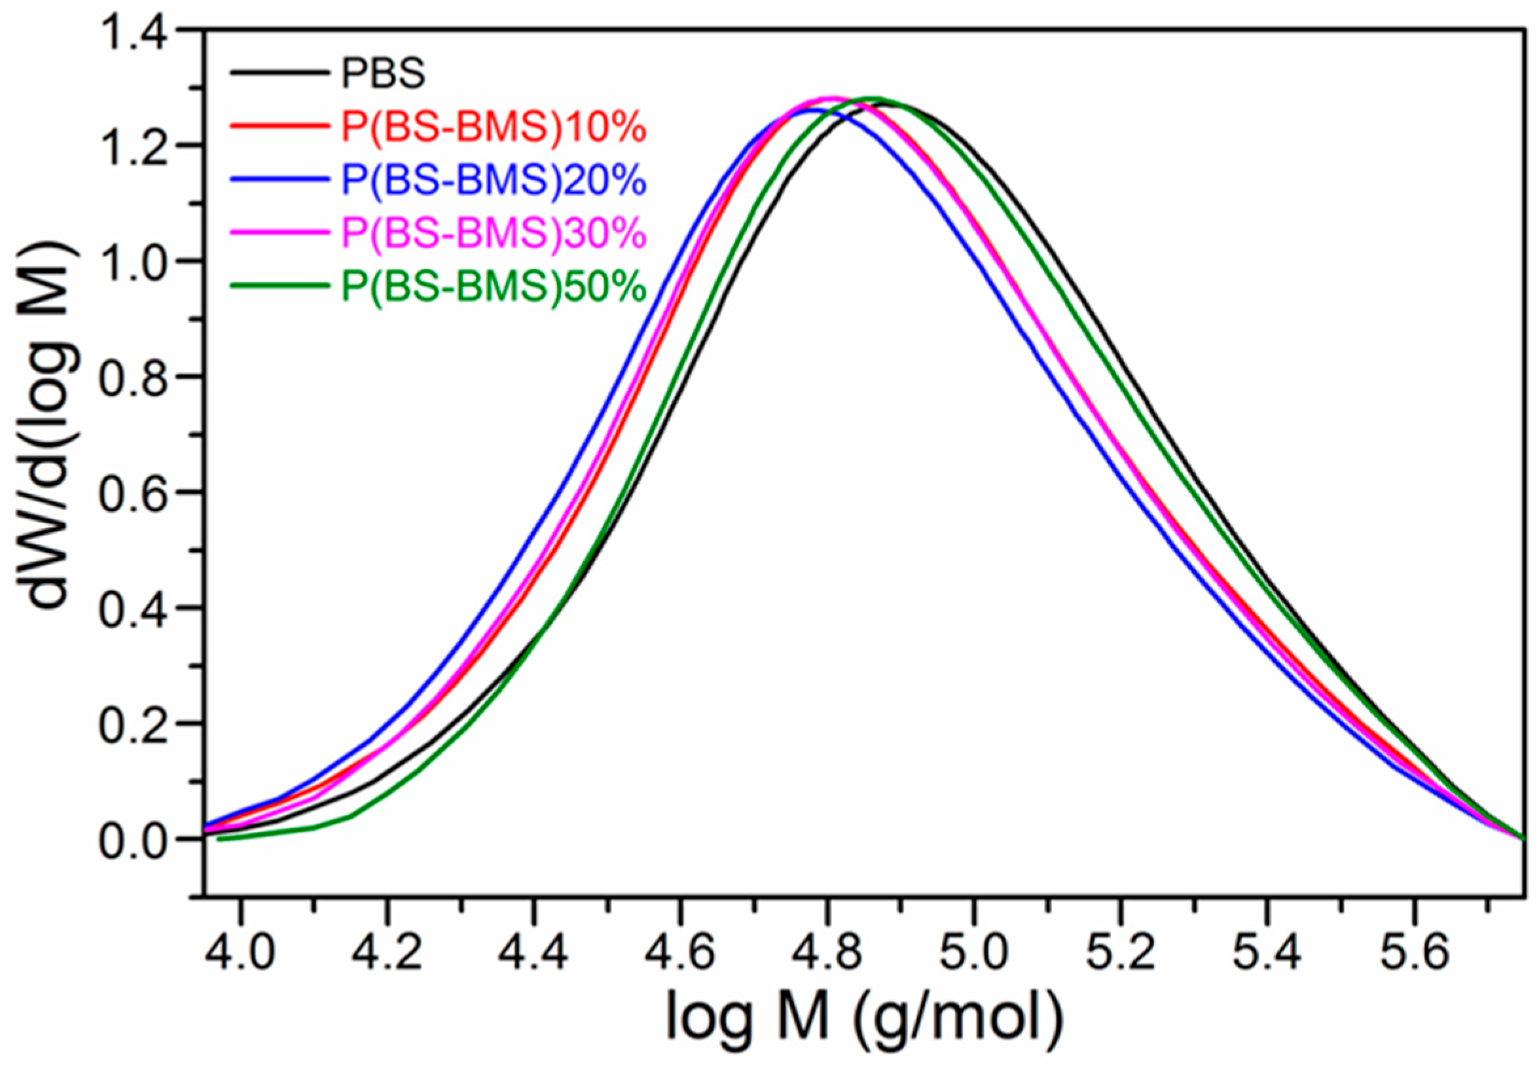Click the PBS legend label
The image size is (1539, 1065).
click(383, 74)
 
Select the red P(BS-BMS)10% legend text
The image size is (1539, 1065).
click(494, 128)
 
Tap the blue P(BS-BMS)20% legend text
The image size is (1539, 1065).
click(494, 180)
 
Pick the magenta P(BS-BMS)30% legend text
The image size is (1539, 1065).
click(494, 234)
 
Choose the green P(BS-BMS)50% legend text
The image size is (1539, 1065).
click(494, 287)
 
